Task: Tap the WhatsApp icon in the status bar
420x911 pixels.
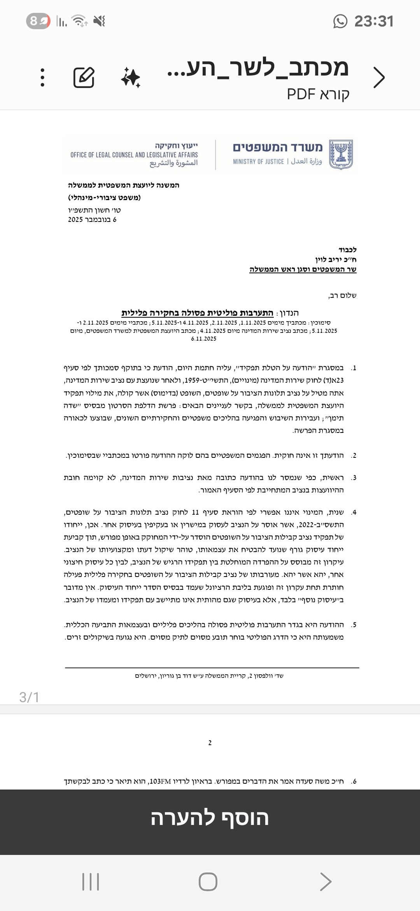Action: pos(340,21)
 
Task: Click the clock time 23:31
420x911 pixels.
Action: pos(374,21)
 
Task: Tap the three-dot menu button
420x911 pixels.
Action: pos(43,77)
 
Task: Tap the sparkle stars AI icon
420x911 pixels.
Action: pos(131,77)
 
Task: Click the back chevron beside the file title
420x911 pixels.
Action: pos(378,77)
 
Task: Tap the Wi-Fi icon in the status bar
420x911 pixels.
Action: pos(80,21)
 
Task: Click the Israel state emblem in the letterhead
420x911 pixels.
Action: pos(341,154)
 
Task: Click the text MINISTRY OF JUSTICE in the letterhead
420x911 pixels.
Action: pos(258,162)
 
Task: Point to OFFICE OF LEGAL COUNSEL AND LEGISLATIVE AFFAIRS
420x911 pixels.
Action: pos(134,155)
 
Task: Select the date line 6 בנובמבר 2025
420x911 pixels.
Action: pos(92,220)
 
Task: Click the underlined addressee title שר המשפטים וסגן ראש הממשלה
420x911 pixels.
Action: pos(303,269)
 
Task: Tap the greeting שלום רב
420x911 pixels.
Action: pos(342,295)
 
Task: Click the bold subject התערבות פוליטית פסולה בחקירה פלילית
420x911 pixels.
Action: pos(197,313)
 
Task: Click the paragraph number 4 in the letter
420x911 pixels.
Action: pos(353,512)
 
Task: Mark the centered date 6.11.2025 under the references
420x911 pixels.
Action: pos(204,339)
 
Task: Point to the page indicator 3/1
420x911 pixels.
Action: pos(29,697)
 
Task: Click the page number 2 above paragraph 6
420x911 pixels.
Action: pos(210,743)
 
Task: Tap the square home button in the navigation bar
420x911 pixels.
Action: pos(208,881)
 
